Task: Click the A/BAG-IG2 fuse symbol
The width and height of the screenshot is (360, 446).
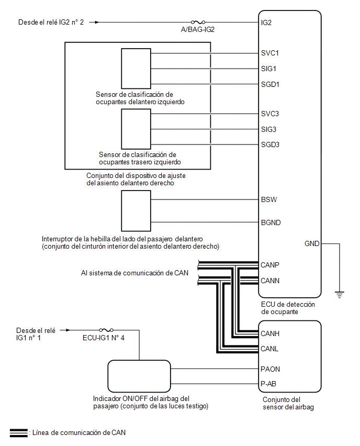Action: (x=198, y=22)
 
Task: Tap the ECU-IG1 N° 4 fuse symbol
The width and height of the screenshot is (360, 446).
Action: (x=106, y=330)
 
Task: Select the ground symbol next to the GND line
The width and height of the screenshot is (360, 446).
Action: (x=340, y=295)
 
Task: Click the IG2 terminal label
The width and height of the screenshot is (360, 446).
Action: (x=266, y=23)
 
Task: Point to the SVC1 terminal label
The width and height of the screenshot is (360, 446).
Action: (x=270, y=53)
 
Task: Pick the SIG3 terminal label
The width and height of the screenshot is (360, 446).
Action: (x=268, y=129)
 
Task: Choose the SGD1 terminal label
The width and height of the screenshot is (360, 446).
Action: (x=270, y=84)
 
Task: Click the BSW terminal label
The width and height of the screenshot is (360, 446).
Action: (x=269, y=199)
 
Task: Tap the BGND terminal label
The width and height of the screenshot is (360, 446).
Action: (x=271, y=222)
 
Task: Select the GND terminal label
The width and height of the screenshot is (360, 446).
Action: (x=312, y=243)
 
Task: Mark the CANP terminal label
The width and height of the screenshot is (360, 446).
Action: (x=270, y=265)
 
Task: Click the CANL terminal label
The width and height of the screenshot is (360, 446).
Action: (x=269, y=349)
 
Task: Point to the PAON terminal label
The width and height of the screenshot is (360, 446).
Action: (x=270, y=369)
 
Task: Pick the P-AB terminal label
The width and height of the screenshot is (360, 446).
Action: (x=268, y=384)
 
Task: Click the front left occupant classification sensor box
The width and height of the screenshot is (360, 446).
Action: (x=136, y=69)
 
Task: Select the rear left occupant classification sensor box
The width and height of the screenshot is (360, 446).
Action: (x=136, y=129)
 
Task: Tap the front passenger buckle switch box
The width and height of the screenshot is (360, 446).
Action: (x=136, y=211)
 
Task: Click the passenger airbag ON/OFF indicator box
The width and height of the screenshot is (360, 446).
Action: (x=139, y=376)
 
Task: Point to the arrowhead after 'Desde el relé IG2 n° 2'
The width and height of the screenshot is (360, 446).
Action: (x=97, y=22)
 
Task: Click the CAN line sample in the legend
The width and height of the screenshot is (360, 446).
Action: (x=19, y=432)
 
